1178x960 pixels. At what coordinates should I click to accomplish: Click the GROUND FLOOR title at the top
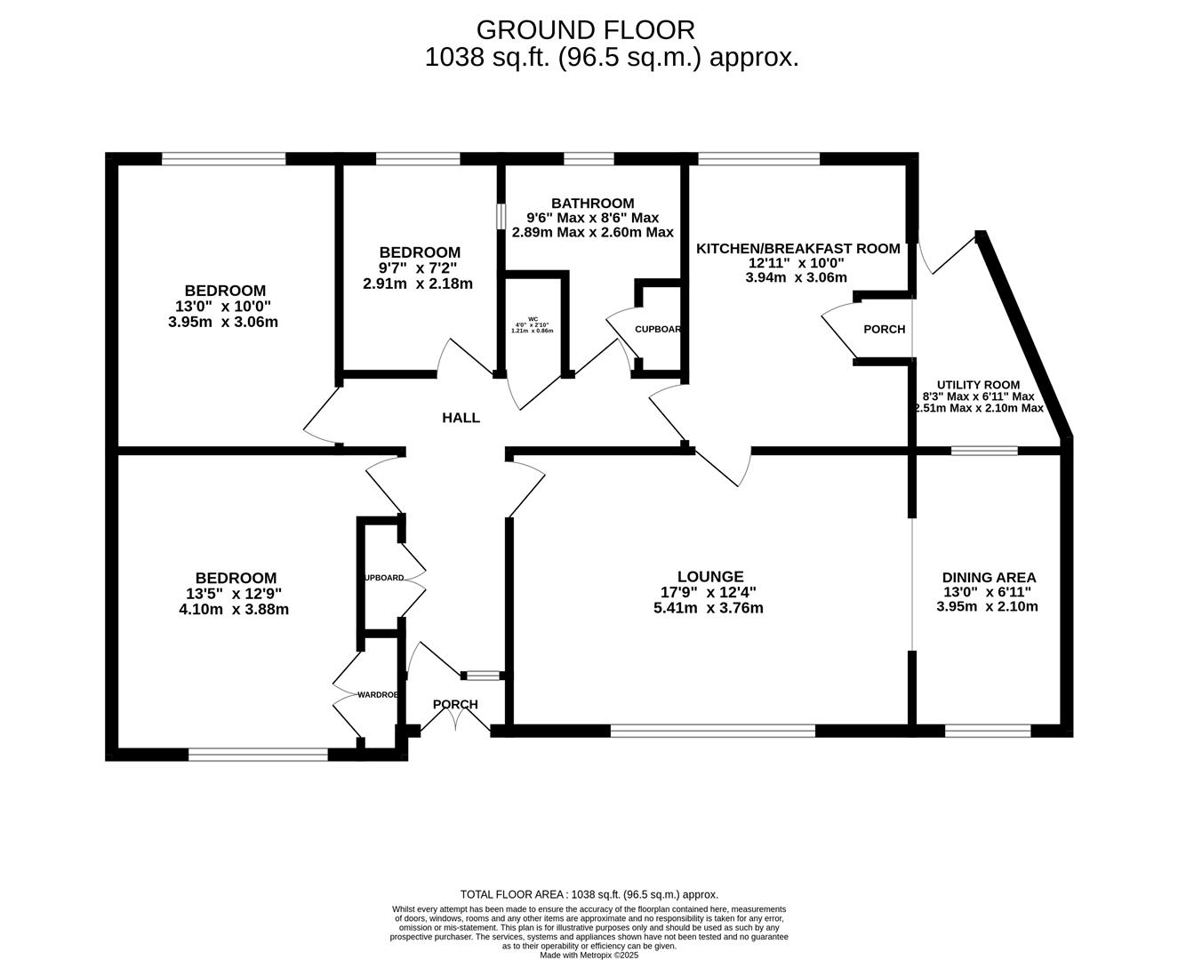click(585, 29)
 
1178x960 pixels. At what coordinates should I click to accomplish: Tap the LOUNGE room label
click(709, 577)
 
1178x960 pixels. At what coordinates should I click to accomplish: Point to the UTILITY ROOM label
click(978, 385)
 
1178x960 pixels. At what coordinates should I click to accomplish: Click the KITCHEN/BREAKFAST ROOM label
click(797, 249)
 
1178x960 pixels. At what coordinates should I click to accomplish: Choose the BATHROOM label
click(592, 204)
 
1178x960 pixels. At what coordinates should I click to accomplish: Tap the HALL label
click(461, 418)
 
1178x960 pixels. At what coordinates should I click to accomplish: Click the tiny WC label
click(533, 318)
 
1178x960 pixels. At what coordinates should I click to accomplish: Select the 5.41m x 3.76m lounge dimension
click(708, 609)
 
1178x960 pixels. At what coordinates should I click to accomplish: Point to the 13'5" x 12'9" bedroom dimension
click(234, 594)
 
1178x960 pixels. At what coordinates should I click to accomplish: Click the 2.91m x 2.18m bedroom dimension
click(418, 284)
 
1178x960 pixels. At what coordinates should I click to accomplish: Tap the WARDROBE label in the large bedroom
click(377, 694)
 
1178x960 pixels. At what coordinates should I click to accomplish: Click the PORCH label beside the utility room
click(884, 329)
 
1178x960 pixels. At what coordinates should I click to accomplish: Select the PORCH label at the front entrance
click(455, 704)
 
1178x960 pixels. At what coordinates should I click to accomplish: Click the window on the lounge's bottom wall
click(712, 731)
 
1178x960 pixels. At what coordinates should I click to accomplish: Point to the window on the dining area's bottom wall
click(987, 731)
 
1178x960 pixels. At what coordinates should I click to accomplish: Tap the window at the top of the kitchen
click(758, 159)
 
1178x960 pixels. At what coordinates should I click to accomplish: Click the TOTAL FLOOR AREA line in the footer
click(589, 894)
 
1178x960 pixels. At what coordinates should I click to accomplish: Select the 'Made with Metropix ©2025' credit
click(589, 955)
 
